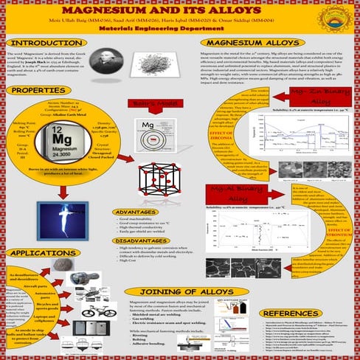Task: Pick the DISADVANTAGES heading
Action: (153, 240)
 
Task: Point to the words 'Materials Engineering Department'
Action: (180, 27)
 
